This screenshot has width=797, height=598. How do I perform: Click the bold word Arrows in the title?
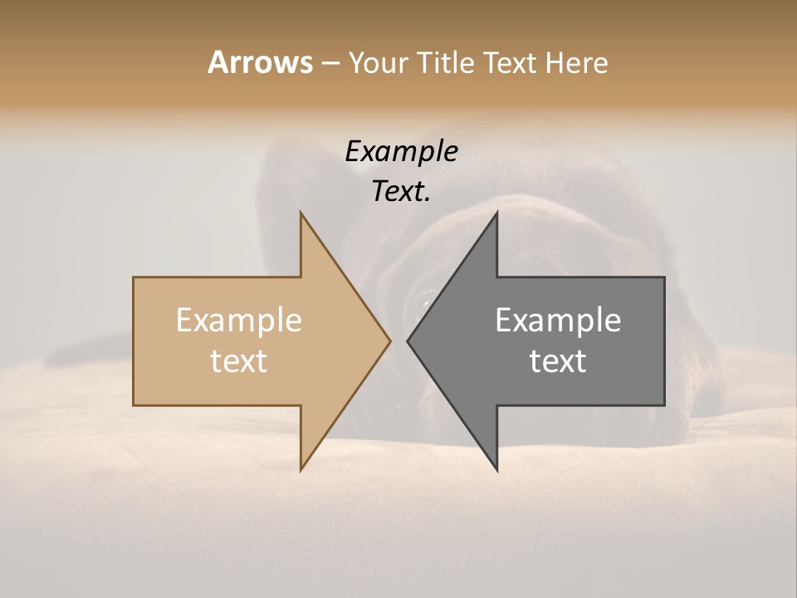pos(260,62)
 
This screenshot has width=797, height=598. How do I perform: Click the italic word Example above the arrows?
pos(401,151)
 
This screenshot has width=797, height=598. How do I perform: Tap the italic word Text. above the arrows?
pos(401,191)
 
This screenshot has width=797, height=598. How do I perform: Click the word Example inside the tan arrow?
pos(238,320)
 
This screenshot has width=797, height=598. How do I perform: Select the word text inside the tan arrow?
pos(238,361)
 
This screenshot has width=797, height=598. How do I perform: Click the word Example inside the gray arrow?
pos(558,320)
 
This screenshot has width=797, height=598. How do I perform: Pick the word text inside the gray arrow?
pos(558,361)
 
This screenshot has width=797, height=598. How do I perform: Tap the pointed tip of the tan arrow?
pos(389,341)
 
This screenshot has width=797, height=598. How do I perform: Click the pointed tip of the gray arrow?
pos(408,341)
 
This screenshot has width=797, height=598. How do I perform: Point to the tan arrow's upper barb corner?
pos(301,213)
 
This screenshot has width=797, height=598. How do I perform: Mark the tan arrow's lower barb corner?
pos(301,470)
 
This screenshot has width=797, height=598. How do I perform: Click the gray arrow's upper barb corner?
pos(496,213)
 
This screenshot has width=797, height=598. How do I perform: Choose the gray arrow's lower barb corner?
pos(496,470)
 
